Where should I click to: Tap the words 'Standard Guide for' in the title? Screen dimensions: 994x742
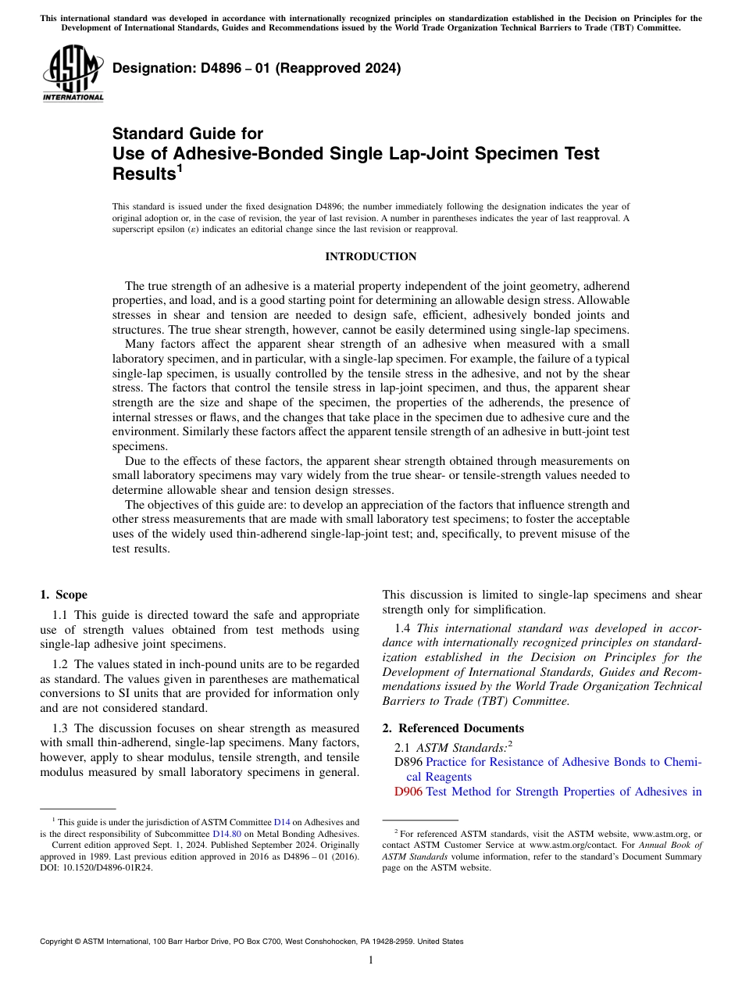187,134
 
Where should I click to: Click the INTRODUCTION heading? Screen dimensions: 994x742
370,257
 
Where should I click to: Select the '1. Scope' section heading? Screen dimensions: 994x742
64,595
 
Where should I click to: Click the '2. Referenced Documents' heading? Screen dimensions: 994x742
453,728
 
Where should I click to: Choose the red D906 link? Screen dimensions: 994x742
408,792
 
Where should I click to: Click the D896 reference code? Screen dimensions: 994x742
408,762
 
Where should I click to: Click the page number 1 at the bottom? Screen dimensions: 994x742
371,960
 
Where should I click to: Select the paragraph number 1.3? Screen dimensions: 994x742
62,728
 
